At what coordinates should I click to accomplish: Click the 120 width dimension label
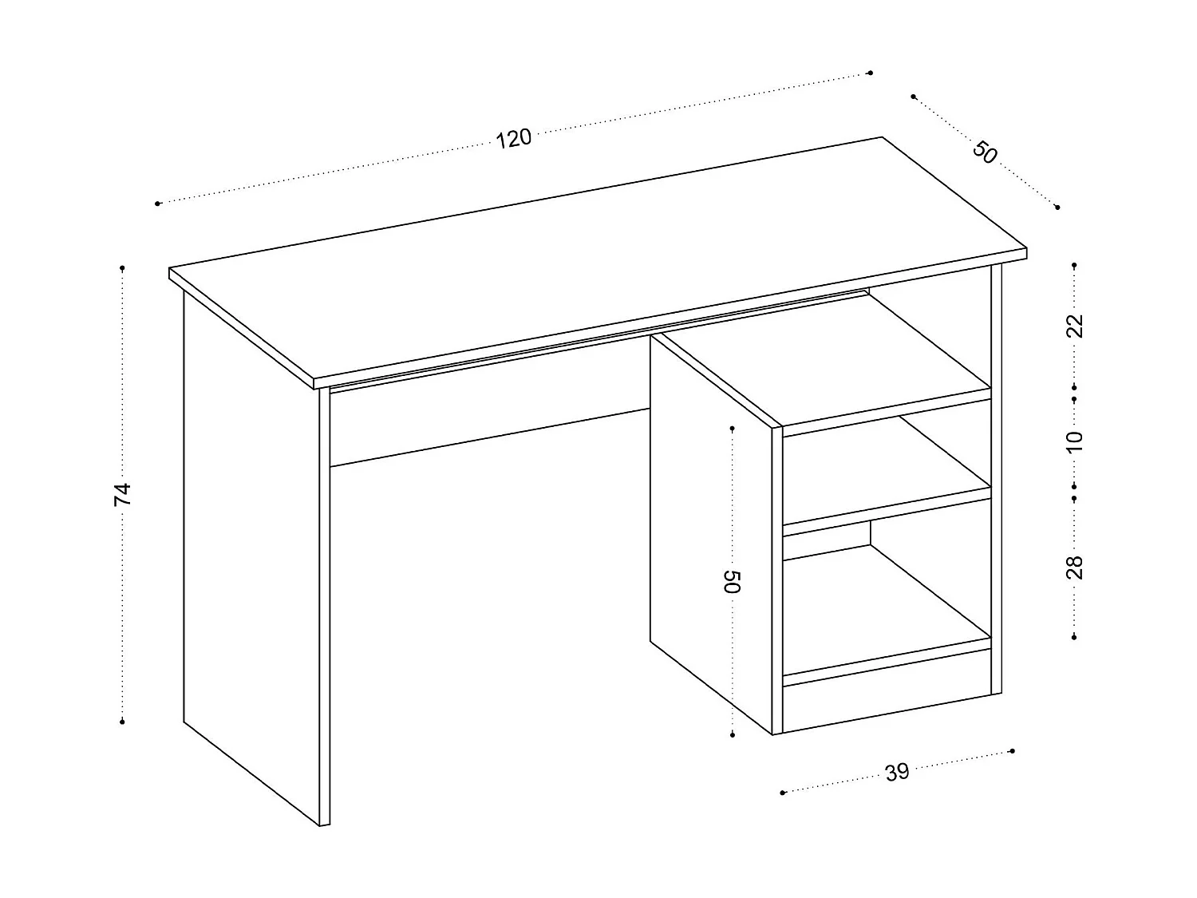pos(513,138)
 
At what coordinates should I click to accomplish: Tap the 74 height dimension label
pos(122,494)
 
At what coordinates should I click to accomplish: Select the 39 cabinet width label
pos(897,772)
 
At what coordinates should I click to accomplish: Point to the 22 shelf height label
pos(1075,326)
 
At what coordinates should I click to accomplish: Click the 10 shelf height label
pos(1075,439)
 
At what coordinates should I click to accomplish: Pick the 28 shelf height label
pos(1075,567)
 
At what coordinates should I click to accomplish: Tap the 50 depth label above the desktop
pos(986,152)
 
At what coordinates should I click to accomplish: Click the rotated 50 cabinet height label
pos(733,581)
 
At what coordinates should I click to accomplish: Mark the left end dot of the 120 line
pos(158,204)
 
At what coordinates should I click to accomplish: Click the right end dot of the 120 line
pos(870,73)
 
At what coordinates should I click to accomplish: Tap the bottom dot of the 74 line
pos(122,722)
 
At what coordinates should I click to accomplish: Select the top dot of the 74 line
pos(122,267)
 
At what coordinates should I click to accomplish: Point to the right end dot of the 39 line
pos(1012,750)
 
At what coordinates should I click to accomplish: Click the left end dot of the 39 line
pos(783,793)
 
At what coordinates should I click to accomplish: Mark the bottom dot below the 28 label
pos(1075,636)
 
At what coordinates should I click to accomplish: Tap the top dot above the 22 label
pos(1075,264)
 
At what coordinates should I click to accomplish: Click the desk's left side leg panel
pos(251,559)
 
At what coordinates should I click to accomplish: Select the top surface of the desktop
pos(598,255)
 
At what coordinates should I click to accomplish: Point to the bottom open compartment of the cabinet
pos(886,607)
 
